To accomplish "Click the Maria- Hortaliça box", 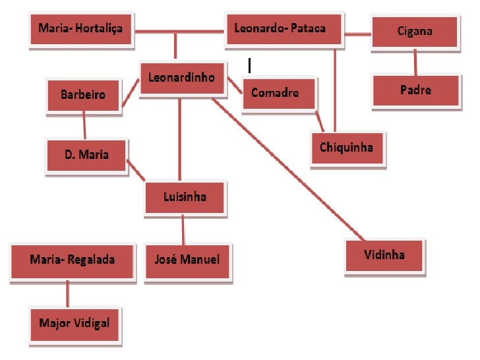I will (x=81, y=30).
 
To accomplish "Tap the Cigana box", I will (x=415, y=32).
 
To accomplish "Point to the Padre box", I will (x=415, y=90).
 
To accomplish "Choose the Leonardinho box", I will (x=182, y=78).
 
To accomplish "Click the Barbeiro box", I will (x=84, y=95).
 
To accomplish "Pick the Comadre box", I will (x=278, y=94).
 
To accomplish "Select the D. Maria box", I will (x=86, y=155).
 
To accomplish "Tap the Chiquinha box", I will (x=347, y=147).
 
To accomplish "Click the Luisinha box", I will (x=185, y=197).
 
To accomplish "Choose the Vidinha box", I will (x=384, y=255).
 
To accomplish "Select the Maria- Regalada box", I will (x=72, y=260).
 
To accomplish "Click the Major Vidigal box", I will (x=75, y=324).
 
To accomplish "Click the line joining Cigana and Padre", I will (x=415, y=62).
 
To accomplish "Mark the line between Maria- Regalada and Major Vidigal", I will (x=67, y=293).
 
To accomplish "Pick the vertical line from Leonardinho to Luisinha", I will (x=179, y=138).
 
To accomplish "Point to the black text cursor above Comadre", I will (x=249, y=65).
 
